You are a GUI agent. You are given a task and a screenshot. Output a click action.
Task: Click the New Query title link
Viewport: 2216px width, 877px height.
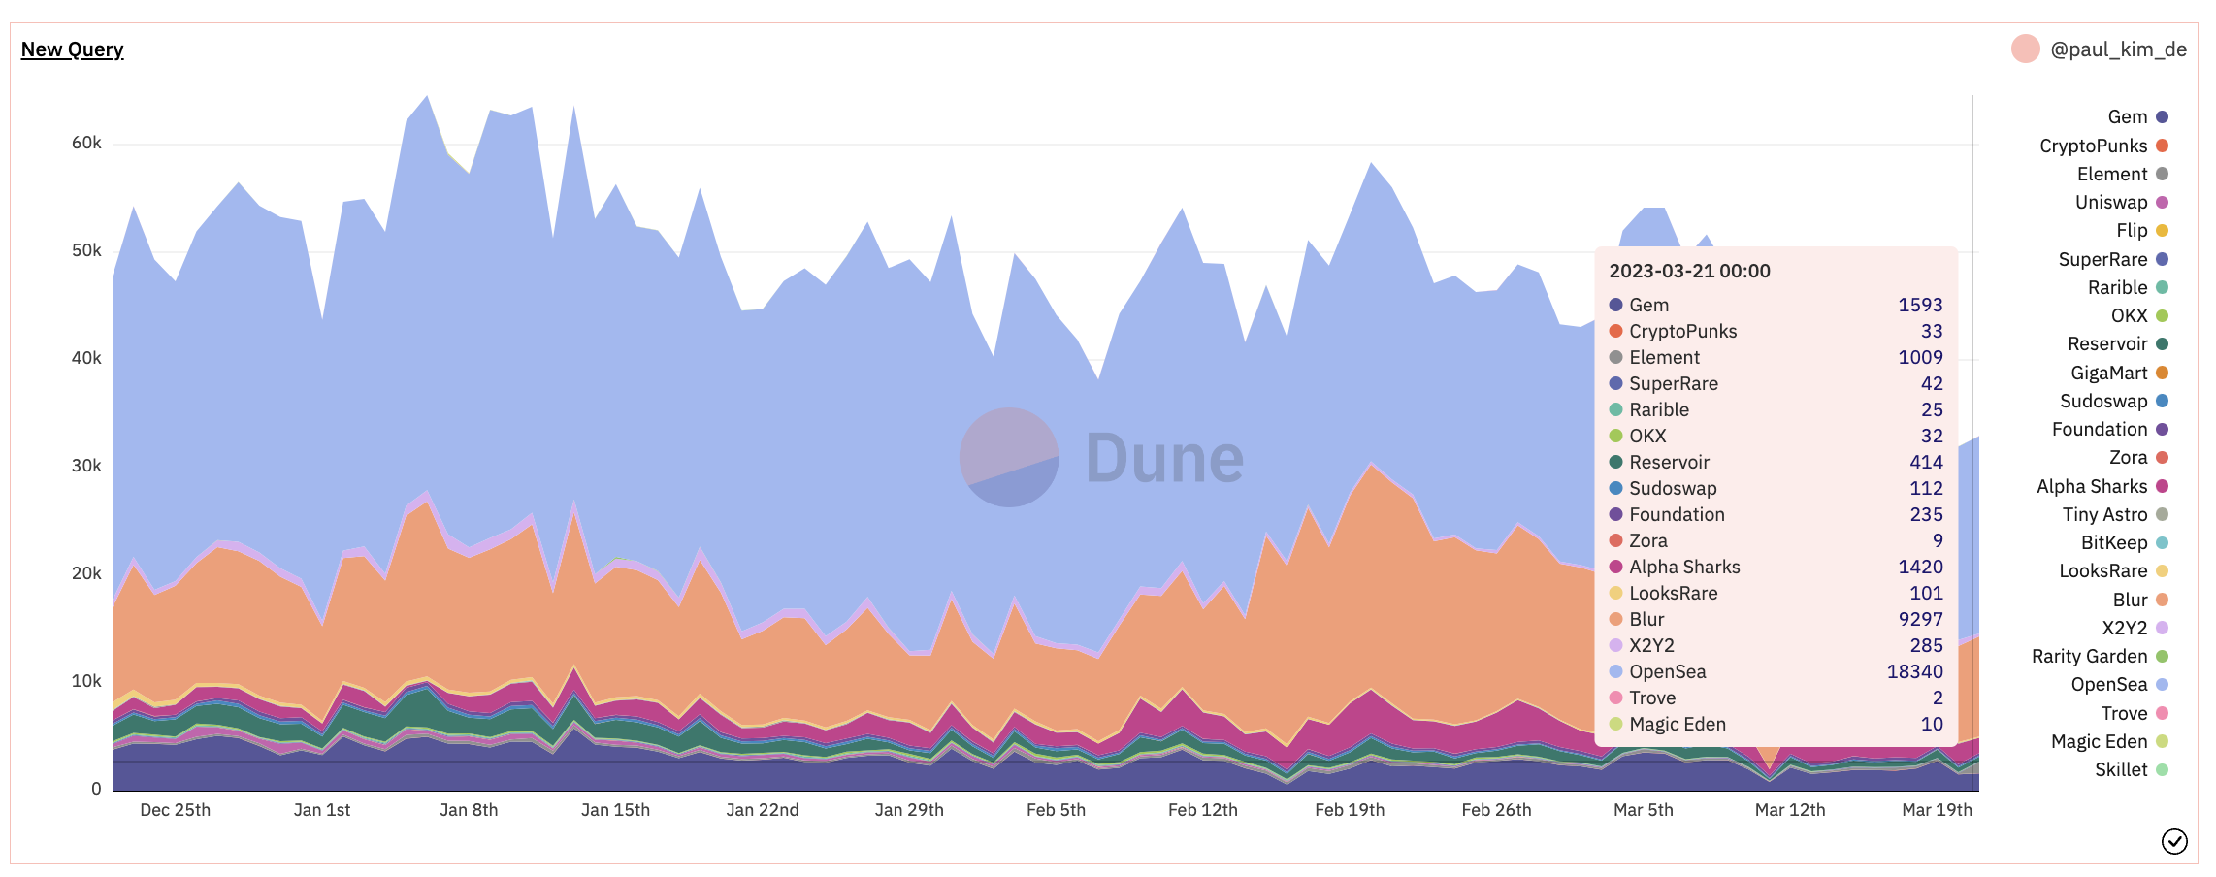72,49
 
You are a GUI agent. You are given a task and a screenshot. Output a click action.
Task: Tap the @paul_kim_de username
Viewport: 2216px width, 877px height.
2118,49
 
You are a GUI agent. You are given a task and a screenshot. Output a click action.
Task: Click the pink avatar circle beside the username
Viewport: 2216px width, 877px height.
2025,49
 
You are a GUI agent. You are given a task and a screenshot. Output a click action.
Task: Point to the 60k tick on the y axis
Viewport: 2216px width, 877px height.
86,143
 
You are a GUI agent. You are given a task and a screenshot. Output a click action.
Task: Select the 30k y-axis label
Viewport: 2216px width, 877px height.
86,466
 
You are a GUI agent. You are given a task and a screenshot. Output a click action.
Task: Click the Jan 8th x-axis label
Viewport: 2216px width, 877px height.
469,810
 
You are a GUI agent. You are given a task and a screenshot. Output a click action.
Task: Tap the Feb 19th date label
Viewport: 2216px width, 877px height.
1350,810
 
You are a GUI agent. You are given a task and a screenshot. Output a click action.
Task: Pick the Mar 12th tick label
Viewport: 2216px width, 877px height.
1790,810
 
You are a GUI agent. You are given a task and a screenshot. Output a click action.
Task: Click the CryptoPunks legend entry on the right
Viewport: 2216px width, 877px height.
2093,146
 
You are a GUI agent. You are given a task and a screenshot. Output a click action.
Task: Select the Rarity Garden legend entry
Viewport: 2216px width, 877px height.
2089,657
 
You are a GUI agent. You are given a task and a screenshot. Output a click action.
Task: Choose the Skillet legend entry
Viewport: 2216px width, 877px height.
2121,770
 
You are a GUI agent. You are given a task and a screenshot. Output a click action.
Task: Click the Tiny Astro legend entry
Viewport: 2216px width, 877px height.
2104,514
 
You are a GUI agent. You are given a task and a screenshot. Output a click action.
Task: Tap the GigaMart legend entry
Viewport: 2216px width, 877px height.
2108,373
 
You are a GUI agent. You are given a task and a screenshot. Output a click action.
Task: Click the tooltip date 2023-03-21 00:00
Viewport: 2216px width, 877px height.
1689,272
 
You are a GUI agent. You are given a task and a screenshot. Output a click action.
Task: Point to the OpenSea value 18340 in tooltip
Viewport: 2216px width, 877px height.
1914,671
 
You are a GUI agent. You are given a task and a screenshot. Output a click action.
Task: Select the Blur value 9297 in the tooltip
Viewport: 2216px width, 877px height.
1920,619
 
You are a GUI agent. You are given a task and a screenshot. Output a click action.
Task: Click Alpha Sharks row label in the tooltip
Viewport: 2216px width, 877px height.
1684,567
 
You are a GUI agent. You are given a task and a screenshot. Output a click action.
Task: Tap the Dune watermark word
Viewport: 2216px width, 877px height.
1164,458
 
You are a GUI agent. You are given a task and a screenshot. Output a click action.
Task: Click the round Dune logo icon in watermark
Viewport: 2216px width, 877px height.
1008,457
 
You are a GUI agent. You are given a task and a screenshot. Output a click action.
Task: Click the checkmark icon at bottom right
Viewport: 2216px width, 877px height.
2174,841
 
